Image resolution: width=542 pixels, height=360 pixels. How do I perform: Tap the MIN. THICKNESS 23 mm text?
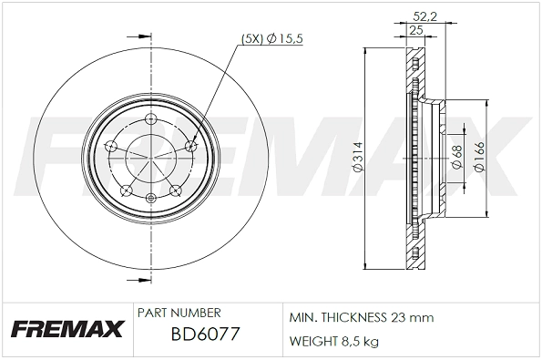pos(361,318)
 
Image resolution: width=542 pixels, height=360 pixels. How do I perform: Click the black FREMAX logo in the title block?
pos(64,328)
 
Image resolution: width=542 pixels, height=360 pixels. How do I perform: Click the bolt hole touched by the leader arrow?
pos(190,146)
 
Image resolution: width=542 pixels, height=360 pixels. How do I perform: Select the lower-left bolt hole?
pos(126,190)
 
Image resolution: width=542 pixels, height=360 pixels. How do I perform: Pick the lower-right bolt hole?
pos(176,190)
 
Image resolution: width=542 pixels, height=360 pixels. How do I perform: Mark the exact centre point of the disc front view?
pos(150,157)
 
